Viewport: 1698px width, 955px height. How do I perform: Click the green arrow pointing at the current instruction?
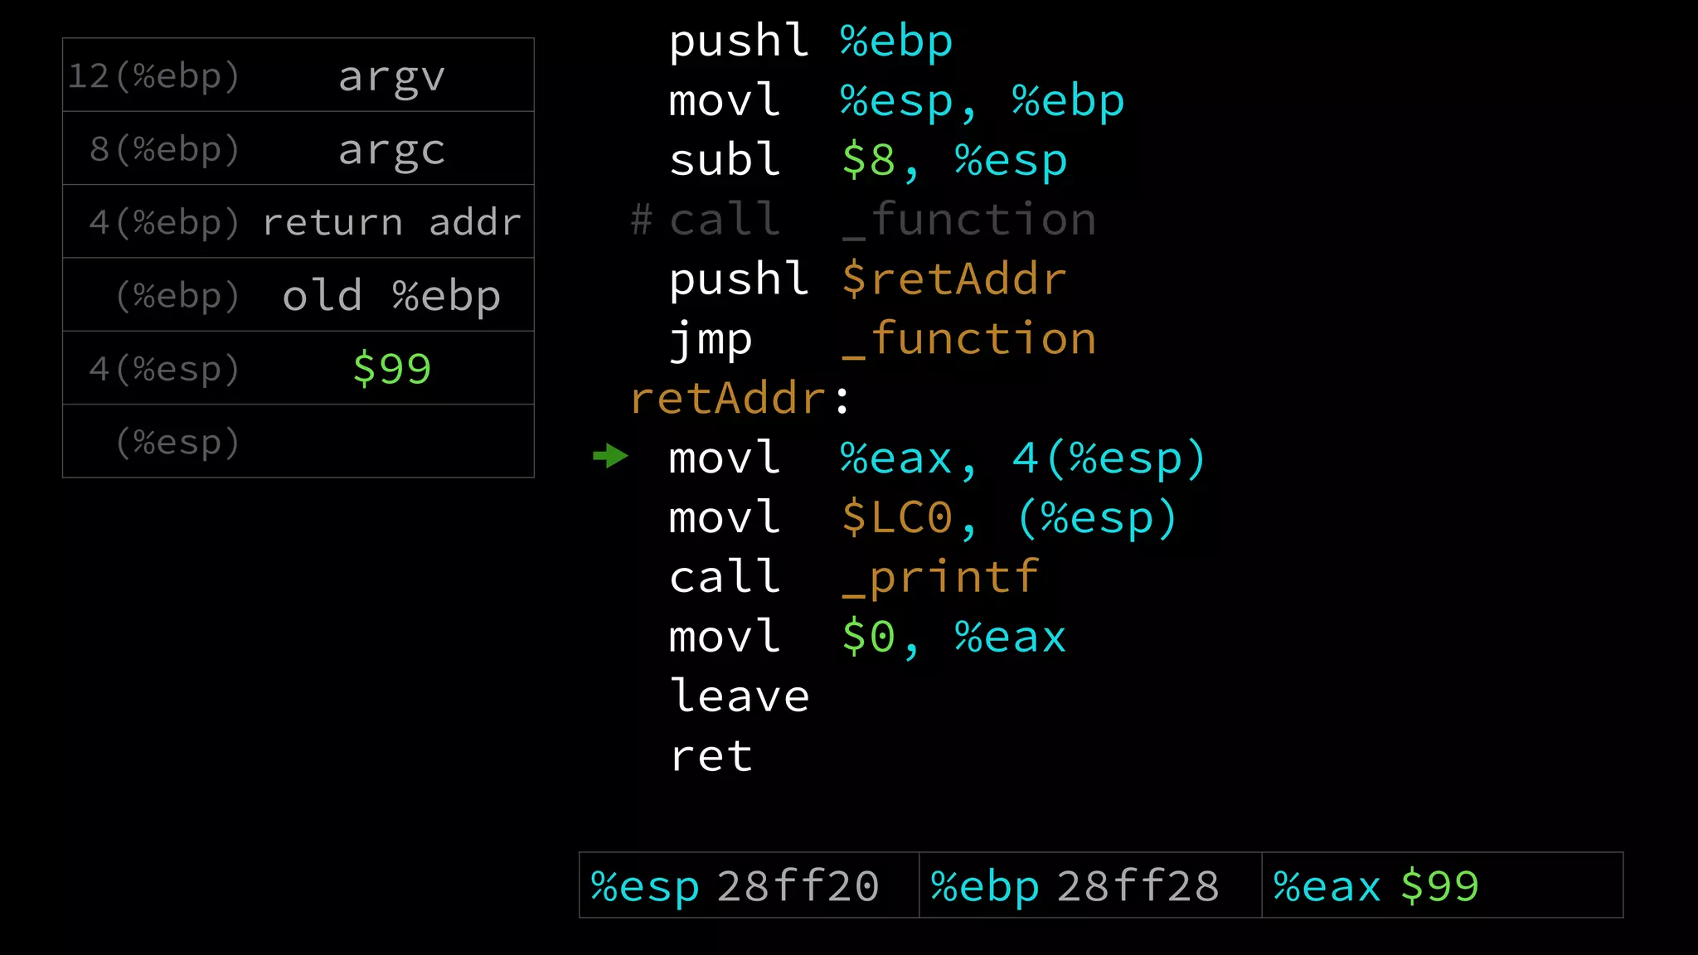point(611,456)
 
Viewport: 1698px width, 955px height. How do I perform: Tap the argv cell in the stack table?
point(391,77)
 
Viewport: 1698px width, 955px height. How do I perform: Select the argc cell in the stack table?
point(391,150)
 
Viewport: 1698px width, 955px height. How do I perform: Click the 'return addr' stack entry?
point(391,222)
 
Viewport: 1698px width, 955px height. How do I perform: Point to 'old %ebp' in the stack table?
point(391,296)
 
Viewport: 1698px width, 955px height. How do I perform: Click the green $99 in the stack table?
point(391,369)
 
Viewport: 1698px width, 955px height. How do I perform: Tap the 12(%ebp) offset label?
point(153,76)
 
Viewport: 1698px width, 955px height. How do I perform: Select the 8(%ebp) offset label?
point(164,150)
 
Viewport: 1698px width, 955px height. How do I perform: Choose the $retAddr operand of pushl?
point(953,279)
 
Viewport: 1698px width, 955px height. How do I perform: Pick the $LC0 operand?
point(897,518)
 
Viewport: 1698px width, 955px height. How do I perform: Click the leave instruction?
point(739,696)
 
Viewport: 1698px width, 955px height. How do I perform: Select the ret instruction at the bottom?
point(711,756)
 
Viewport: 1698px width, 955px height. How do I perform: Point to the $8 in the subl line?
point(868,160)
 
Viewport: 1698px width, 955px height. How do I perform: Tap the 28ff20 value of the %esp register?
point(798,886)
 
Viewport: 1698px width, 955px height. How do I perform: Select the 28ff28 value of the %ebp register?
point(1138,886)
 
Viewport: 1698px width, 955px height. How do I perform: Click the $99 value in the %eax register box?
point(1439,886)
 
